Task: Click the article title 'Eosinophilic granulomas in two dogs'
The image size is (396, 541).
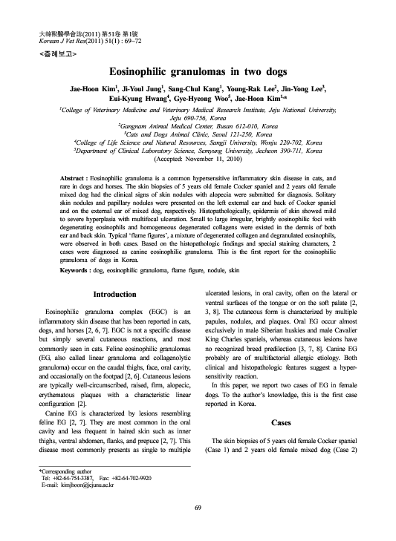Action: coord(197,73)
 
